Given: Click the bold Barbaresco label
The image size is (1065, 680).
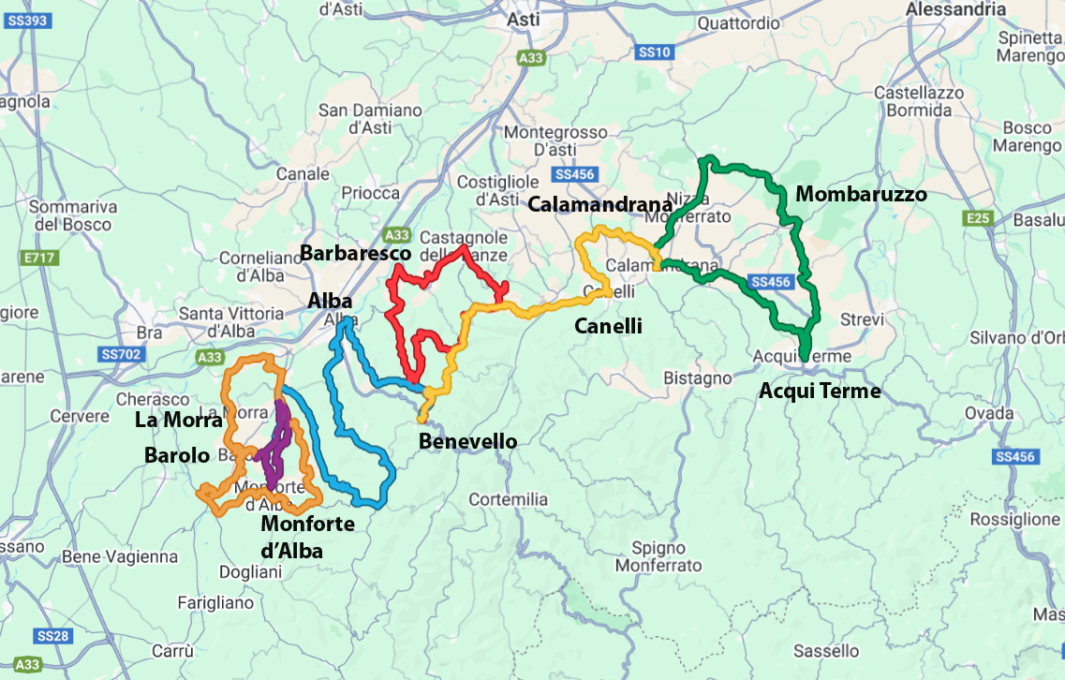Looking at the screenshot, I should click(356, 254).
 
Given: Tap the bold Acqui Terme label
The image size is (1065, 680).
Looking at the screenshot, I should click(820, 391).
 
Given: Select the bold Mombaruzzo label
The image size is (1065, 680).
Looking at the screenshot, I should click(861, 195).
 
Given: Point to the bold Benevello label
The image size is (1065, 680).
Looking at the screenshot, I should click(467, 441).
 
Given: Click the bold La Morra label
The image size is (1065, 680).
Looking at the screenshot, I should click(179, 421).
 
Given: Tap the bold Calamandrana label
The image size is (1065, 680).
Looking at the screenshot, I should click(600, 205).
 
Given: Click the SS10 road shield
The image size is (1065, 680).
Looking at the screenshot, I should click(653, 53).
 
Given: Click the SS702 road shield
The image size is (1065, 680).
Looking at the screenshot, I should click(120, 354).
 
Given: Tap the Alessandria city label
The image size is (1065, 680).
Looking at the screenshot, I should click(955, 9).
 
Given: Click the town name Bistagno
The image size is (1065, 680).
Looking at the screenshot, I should click(697, 377).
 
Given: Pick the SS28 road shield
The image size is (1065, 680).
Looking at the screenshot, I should click(53, 636).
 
